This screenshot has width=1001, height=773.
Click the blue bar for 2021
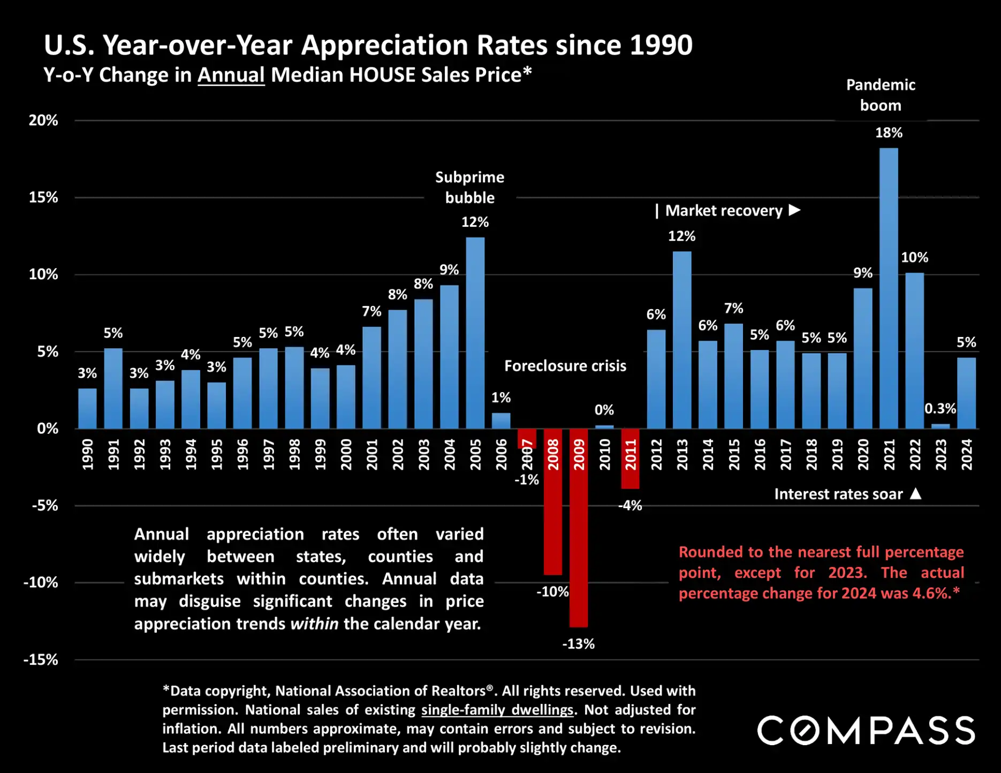[x=889, y=289]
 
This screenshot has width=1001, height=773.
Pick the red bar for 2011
[x=630, y=458]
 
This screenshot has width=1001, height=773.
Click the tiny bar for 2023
[x=941, y=426]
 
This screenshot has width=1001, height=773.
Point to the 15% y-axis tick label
[x=43, y=197]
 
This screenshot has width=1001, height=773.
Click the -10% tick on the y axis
[x=41, y=583]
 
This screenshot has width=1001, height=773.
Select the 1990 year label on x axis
[x=87, y=455]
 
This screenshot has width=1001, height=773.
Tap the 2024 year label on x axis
[x=966, y=455]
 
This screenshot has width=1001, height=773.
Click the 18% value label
[x=889, y=133]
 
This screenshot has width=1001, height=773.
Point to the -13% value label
[x=578, y=644]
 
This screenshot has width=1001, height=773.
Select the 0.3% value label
[x=940, y=409]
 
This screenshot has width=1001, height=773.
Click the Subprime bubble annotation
[x=469, y=187]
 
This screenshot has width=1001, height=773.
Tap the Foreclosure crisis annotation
[x=565, y=366]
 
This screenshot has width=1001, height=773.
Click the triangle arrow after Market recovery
[x=795, y=210]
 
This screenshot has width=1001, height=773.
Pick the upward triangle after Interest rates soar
[x=916, y=494]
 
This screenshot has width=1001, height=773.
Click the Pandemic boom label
[x=881, y=95]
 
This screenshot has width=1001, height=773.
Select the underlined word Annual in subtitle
[x=231, y=75]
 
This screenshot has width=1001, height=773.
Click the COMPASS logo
[x=866, y=731]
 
